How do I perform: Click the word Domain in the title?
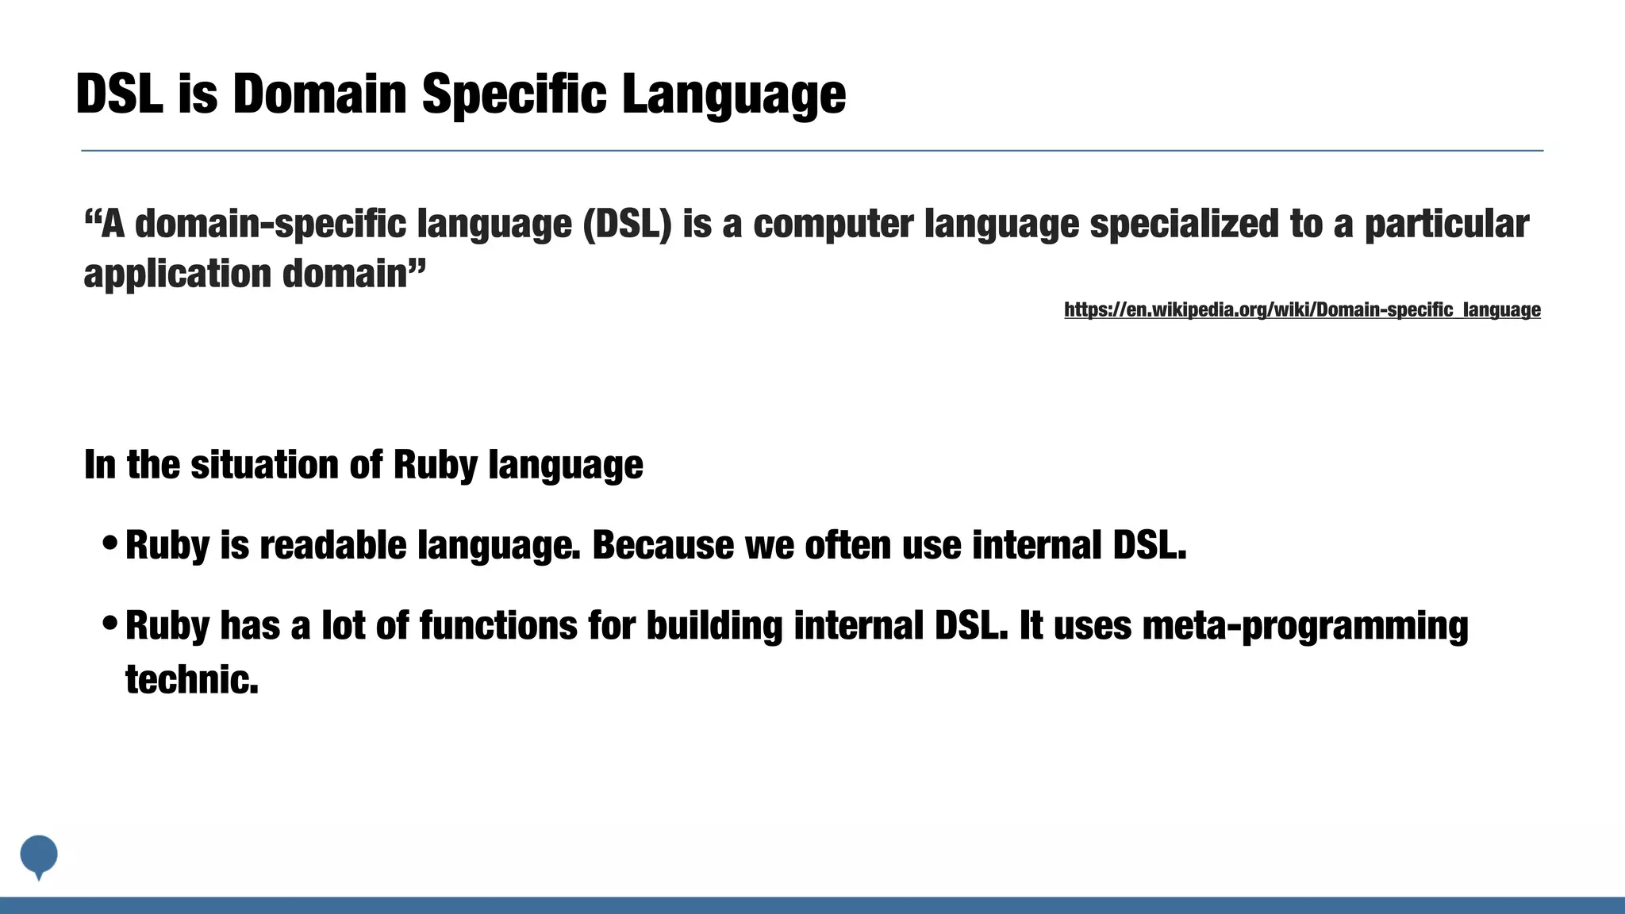point(319,94)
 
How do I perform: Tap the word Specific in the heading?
point(514,94)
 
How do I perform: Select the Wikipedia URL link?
point(1302,309)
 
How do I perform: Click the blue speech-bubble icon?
point(38,855)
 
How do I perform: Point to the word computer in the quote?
point(832,224)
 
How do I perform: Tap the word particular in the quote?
point(1446,224)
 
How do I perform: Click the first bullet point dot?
point(111,543)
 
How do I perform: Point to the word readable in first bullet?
point(332,545)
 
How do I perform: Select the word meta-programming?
point(1304,625)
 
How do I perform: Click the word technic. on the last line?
point(192,680)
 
